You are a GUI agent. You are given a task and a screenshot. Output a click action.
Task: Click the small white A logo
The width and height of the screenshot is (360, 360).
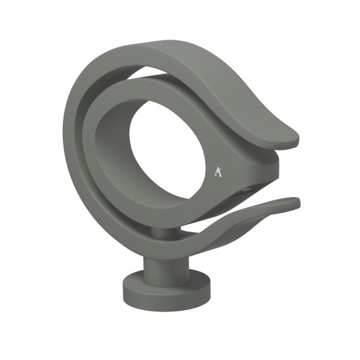[x=218, y=172]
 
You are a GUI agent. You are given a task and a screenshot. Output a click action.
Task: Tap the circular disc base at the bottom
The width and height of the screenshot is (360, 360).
[x=166, y=290]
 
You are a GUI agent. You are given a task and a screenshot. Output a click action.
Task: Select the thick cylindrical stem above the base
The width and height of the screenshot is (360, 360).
[x=166, y=269]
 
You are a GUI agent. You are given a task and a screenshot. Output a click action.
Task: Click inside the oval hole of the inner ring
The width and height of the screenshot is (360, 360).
[x=166, y=149]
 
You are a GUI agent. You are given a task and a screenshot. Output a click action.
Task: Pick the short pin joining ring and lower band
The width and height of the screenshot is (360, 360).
[x=166, y=232]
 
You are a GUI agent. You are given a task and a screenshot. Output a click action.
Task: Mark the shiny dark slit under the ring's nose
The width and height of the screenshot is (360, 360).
[x=247, y=190]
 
